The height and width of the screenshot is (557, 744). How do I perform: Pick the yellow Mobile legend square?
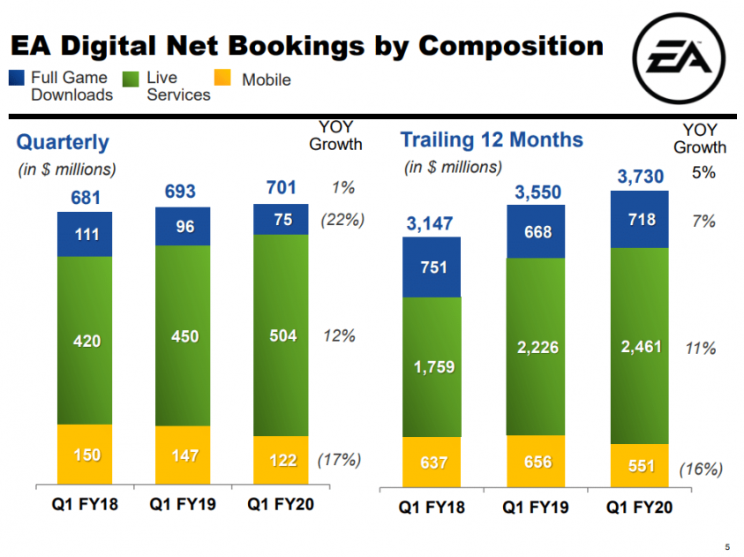[x=223, y=79]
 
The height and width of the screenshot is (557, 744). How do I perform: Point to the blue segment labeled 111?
[x=85, y=234]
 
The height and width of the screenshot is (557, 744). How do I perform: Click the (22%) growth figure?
[x=342, y=220]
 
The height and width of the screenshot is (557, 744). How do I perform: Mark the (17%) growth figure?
[x=339, y=459]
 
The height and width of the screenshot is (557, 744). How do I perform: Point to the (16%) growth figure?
[x=701, y=469]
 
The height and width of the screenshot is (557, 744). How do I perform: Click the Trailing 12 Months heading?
[x=492, y=139]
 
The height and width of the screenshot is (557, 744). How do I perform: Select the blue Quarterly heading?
[x=63, y=141]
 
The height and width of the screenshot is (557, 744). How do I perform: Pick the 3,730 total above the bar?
[x=640, y=177]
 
